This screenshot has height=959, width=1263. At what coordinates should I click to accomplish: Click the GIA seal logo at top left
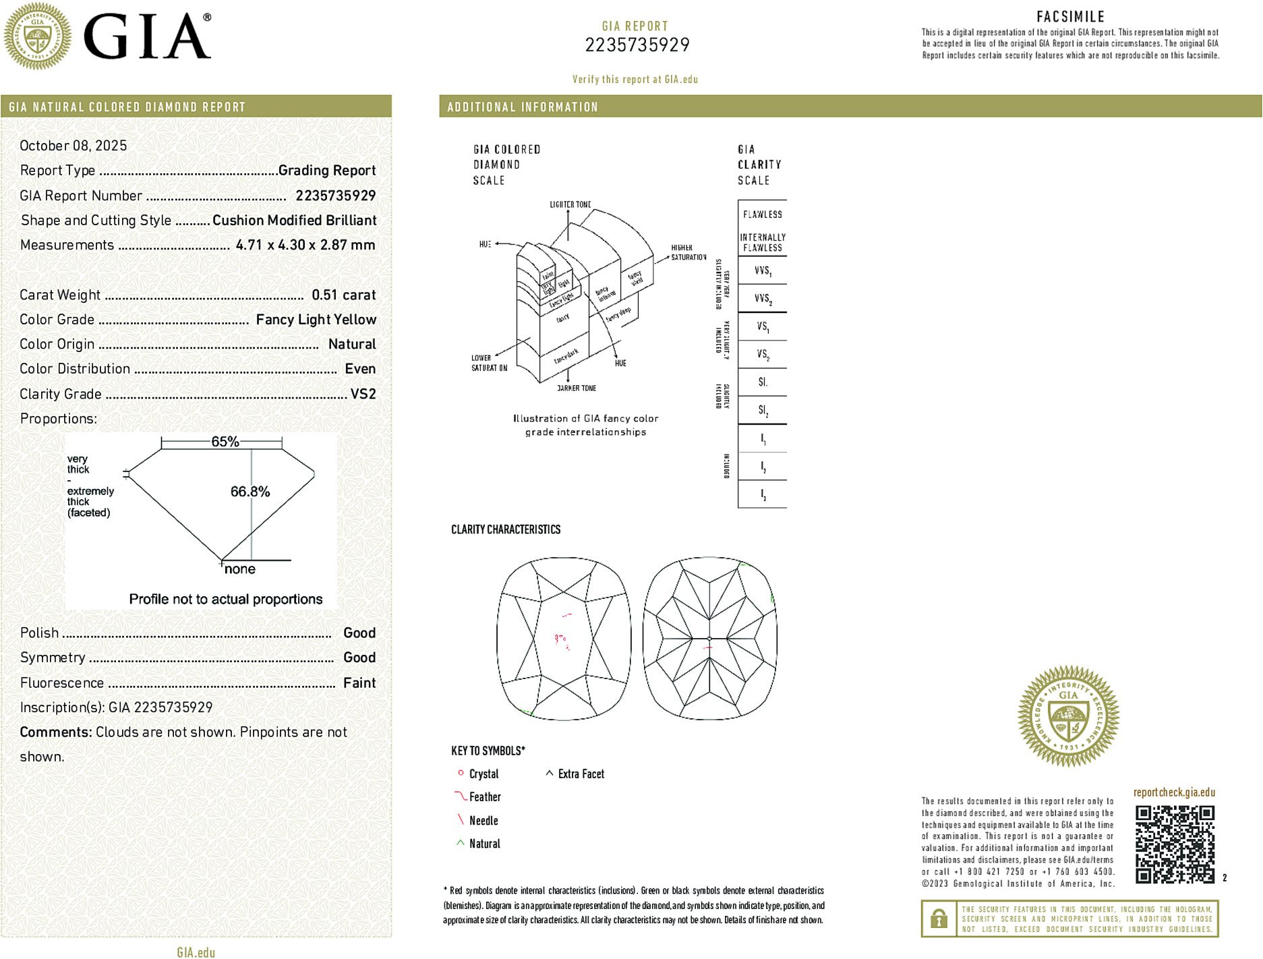point(38,36)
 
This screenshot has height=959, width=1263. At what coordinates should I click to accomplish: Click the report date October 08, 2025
point(73,146)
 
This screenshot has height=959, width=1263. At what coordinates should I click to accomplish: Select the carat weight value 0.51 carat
point(343,295)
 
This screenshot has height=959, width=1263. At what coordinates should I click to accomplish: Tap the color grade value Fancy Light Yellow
point(316,320)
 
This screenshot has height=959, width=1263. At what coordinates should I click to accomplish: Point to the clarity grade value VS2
point(363,394)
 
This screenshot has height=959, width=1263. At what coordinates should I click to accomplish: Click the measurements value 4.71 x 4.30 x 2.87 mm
point(305,245)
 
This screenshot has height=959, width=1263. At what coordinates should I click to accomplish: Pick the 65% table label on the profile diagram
point(225,442)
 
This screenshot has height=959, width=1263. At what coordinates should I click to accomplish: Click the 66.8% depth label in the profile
point(249,492)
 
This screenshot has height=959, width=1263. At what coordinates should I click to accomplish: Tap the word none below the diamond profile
point(239,569)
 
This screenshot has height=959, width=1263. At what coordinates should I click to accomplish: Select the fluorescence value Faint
point(359,682)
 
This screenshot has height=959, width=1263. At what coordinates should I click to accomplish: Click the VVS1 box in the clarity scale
point(763,271)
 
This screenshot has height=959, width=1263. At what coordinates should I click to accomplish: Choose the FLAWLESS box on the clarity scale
point(763,214)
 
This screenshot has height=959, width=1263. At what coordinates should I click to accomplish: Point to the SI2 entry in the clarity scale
point(763,410)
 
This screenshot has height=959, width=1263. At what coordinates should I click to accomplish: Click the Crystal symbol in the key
point(461,774)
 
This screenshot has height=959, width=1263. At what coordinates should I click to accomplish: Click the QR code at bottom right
point(1174,844)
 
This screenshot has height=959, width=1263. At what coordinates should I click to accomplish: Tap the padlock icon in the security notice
point(939,919)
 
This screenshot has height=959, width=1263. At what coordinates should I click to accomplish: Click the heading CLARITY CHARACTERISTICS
point(506,529)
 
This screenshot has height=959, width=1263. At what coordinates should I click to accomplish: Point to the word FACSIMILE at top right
point(1070,17)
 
